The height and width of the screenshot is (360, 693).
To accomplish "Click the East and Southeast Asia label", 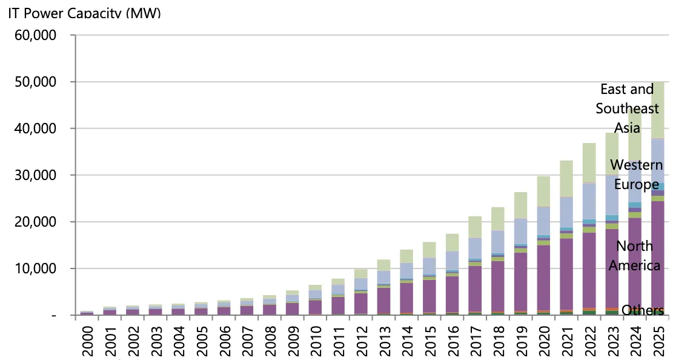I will coord(627,108).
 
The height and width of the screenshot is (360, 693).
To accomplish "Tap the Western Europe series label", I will coord(635,175).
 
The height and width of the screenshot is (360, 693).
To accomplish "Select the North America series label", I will coord(634,255).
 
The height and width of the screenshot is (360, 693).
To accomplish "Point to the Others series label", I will coord(642,310).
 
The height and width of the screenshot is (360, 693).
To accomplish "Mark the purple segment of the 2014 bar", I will coord(406,298).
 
